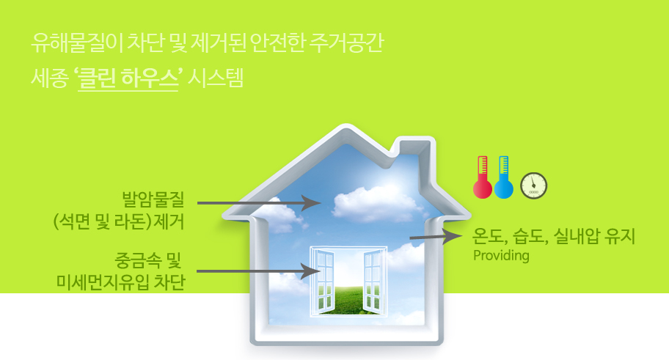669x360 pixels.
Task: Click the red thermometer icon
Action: tap(483, 177)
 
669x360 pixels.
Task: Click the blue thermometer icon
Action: tap(503, 177)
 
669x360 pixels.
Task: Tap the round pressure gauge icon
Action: tap(533, 185)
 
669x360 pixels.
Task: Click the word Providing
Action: tap(501, 255)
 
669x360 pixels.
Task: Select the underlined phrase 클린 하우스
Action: tap(128, 78)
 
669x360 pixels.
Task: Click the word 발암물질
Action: tap(153, 199)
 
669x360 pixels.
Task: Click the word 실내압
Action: tap(576, 236)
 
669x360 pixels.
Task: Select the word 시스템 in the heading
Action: tap(216, 78)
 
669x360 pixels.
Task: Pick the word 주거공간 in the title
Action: tap(347, 43)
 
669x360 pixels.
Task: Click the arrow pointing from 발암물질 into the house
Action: tap(258, 203)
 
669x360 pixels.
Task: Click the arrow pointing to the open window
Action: tap(258, 271)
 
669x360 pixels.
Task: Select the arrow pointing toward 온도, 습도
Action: tap(436, 236)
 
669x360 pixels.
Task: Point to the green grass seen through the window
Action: tap(348, 300)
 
